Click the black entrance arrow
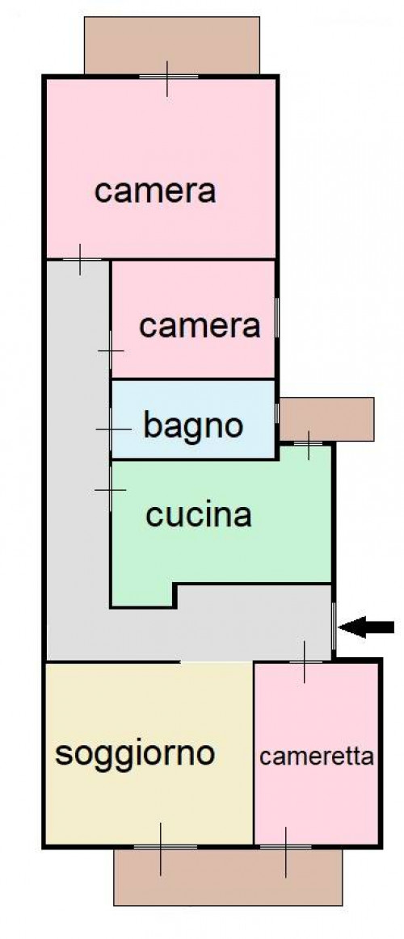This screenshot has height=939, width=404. (366, 627)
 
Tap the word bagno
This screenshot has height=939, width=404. (194, 425)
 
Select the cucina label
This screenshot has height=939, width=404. (199, 516)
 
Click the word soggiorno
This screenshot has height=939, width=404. (135, 755)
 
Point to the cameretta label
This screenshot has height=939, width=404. (317, 757)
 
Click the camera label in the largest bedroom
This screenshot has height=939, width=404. (155, 191)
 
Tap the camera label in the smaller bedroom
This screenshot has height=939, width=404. (200, 326)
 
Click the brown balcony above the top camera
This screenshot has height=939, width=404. (172, 45)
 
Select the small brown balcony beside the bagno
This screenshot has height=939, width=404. (326, 419)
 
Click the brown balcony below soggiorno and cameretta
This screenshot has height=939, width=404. (228, 875)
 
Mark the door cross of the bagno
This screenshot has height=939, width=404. (112, 430)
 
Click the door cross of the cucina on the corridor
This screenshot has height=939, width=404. (111, 490)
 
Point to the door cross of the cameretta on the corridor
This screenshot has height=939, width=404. (305, 662)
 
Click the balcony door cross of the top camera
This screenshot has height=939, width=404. (166, 78)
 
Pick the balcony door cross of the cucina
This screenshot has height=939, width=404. (309, 444)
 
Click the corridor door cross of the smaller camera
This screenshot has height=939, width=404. (111, 350)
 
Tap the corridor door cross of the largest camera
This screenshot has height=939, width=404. (80, 259)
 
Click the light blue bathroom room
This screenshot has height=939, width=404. (193, 419)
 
